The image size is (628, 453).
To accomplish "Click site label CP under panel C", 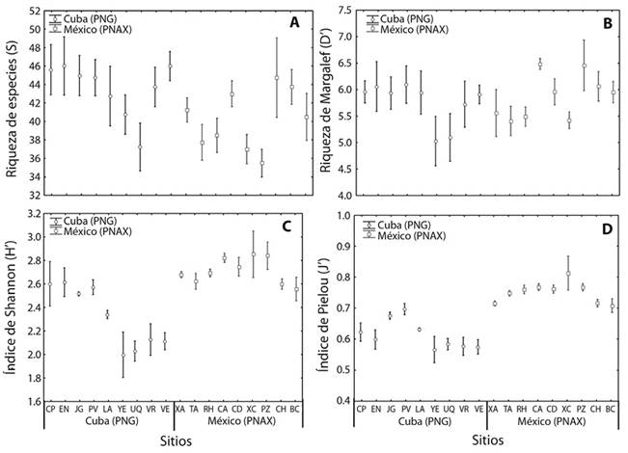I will (x=50, y=411).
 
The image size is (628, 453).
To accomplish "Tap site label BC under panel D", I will (x=613, y=411).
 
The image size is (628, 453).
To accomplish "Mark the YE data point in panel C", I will (x=123, y=355).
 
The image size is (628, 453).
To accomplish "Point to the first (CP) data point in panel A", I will (x=50, y=68).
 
